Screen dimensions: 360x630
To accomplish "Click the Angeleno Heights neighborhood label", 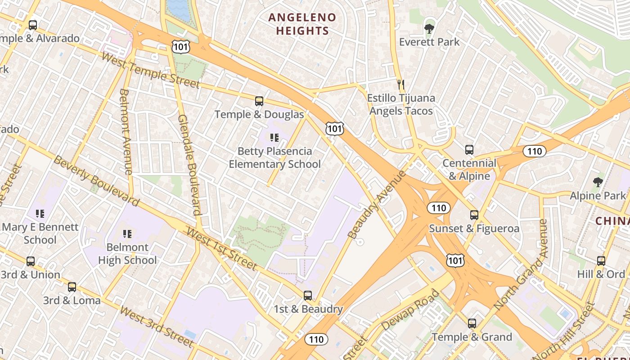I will pos(302,24).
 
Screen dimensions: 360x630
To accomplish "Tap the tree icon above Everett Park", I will pos(429,29).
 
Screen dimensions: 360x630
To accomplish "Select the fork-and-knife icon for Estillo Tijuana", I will pos(401,84).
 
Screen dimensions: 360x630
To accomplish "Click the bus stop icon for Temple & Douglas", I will pos(259,101).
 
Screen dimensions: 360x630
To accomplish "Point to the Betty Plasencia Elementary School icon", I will pos(274,138).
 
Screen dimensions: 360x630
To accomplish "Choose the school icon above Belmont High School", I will pos(127,234).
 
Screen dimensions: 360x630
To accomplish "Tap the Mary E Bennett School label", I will pos(40,233).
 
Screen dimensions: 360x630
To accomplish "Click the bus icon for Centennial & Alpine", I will pos(469,150).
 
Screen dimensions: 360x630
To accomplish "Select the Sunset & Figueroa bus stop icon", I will pos(474,215).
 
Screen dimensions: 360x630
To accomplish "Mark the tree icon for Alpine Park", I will pos(598,182).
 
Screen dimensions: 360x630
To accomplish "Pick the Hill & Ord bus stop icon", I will pos(601,261).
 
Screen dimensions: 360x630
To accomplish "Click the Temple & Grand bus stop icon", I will pos(472,324).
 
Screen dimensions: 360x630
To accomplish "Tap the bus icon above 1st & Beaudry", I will pos(308,296).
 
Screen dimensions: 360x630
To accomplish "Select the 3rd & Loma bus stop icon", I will pos(72,287).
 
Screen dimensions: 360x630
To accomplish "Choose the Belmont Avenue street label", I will pos(126,131).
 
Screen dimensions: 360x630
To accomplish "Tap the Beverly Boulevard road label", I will pos(96,180).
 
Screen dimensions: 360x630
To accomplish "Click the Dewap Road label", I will pos(410,310).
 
